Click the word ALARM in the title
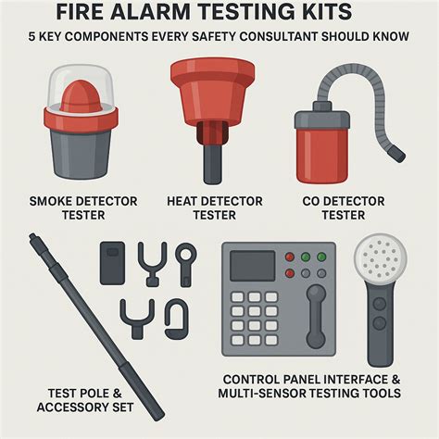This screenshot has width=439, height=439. pyautogui.click(x=157, y=11)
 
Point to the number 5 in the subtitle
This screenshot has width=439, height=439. pyautogui.click(x=31, y=36)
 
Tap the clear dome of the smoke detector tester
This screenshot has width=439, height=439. pyautogui.click(x=81, y=85)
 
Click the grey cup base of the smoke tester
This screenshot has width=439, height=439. pyautogui.click(x=81, y=154)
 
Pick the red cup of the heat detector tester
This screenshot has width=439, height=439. pyautogui.click(x=213, y=90)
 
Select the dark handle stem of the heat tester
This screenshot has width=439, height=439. pyautogui.click(x=212, y=164)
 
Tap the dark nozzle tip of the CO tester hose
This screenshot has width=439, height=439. pyautogui.click(x=397, y=154)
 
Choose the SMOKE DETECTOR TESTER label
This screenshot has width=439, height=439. pyautogui.click(x=83, y=208)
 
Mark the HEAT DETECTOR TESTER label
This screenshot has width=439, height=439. pyautogui.click(x=215, y=208)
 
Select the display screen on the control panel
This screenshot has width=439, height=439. pyautogui.click(x=253, y=266)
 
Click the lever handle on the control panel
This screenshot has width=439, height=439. pyautogui.click(x=316, y=317)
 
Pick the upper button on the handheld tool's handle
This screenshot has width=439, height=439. pyautogui.click(x=380, y=304)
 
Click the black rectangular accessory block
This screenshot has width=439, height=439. pyautogui.click(x=112, y=263)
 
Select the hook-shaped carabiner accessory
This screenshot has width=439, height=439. pyautogui.click(x=176, y=320)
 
